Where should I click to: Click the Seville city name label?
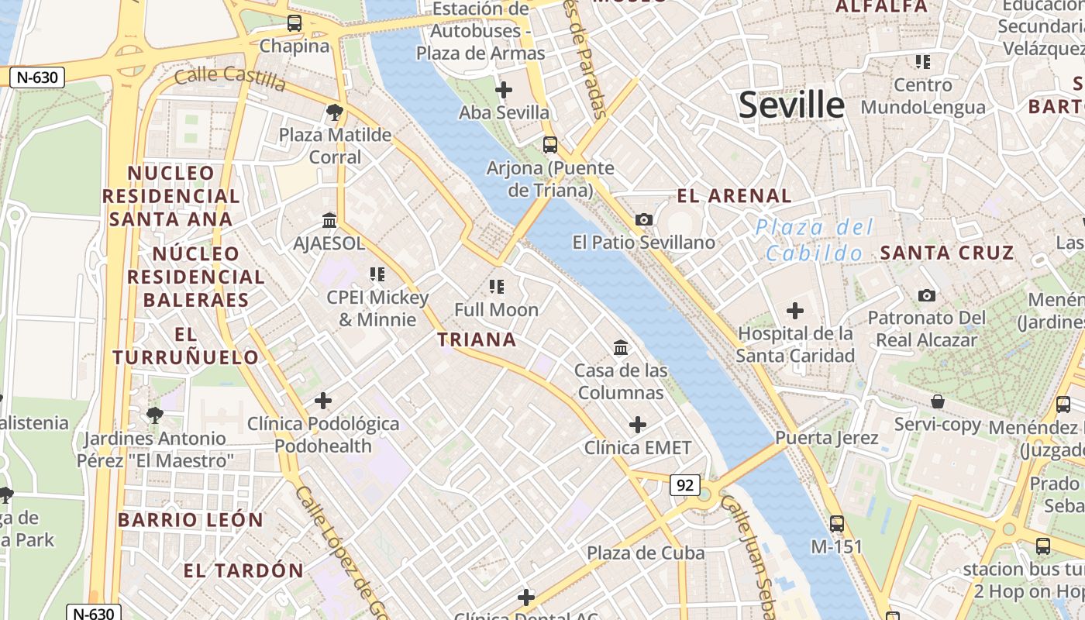click(x=790, y=104)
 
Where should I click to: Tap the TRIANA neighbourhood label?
click(x=477, y=339)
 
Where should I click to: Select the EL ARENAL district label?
click(x=734, y=195)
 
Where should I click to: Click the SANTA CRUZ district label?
click(x=946, y=253)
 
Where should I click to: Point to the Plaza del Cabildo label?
click(x=814, y=239)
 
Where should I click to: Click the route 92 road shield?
click(x=685, y=485)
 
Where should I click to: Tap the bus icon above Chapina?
click(x=294, y=23)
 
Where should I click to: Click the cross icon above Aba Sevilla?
click(x=504, y=90)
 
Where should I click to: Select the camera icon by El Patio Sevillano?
click(x=643, y=220)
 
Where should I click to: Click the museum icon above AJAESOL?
click(x=329, y=221)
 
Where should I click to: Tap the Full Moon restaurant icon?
click(x=497, y=288)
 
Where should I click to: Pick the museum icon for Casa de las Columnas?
click(x=621, y=348)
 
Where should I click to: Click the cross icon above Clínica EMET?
click(x=637, y=425)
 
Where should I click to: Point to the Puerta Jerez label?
click(x=827, y=438)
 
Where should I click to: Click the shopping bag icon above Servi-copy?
click(x=938, y=401)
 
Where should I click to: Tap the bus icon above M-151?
click(x=836, y=524)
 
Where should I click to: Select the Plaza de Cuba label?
click(x=645, y=553)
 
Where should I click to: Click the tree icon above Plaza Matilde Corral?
click(x=335, y=112)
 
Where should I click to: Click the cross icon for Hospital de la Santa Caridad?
click(x=794, y=312)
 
